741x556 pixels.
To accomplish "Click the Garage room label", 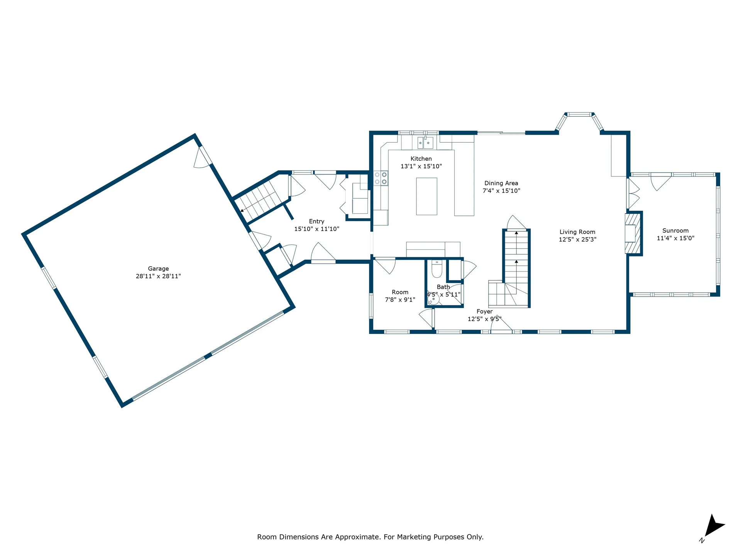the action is (158, 269).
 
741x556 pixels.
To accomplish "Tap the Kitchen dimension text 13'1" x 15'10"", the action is (421, 166).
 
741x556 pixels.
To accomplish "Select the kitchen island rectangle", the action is (426, 196).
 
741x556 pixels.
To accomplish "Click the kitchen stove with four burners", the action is (381, 178).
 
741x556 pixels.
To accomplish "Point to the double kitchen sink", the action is (425, 143).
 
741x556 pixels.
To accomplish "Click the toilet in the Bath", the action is (436, 269).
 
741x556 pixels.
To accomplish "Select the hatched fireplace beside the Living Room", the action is (633, 234).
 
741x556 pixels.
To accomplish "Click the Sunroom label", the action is (675, 231).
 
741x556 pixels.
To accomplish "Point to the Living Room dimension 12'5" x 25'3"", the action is (577, 239).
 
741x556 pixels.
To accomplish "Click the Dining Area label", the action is (501, 183).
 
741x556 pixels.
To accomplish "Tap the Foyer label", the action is (484, 312).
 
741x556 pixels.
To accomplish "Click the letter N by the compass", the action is (702, 541).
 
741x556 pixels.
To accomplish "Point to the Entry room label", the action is (316, 222).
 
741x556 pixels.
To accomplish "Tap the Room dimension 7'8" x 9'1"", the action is (400, 300).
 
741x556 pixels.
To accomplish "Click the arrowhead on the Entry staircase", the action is (242, 210).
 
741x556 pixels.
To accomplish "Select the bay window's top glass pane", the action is (579, 114).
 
